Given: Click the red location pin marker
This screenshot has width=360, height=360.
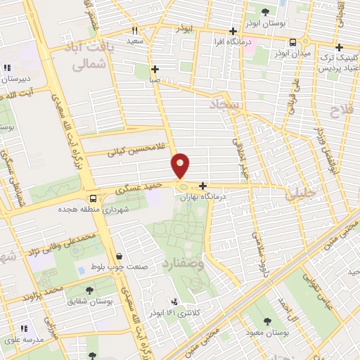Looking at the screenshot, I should pyautogui.click(x=181, y=165).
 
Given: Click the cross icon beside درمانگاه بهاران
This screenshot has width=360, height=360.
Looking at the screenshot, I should pyautogui.click(x=203, y=186).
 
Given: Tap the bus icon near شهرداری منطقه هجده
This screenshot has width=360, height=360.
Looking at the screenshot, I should pyautogui.click(x=93, y=198).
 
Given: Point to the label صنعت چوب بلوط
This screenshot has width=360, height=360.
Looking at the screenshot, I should pyautogui.click(x=118, y=268).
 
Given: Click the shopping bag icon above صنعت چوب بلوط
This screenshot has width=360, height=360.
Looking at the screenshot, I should pyautogui.click(x=118, y=257).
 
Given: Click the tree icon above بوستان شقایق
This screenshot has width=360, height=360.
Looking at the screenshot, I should pyautogui.click(x=89, y=290).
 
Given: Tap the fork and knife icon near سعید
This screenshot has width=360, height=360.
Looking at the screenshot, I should pyautogui.click(x=134, y=30).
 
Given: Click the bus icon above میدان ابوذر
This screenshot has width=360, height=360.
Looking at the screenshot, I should pyautogui.click(x=292, y=42).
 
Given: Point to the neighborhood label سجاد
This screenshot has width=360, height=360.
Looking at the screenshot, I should pyautogui.click(x=224, y=105).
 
